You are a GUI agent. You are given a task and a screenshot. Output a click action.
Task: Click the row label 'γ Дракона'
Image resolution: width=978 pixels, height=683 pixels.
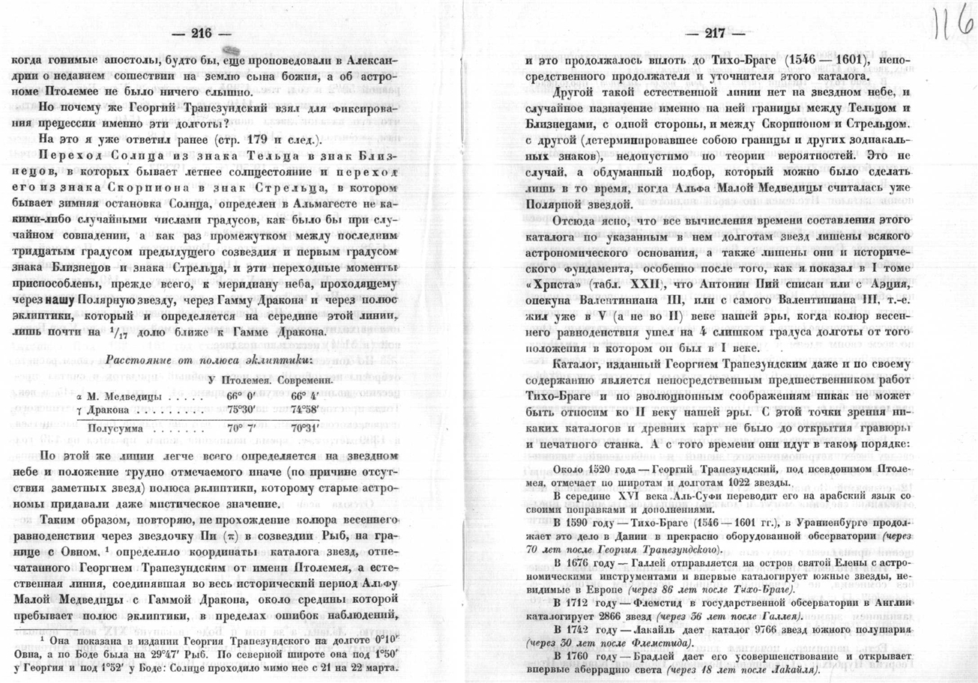pos(108,411)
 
